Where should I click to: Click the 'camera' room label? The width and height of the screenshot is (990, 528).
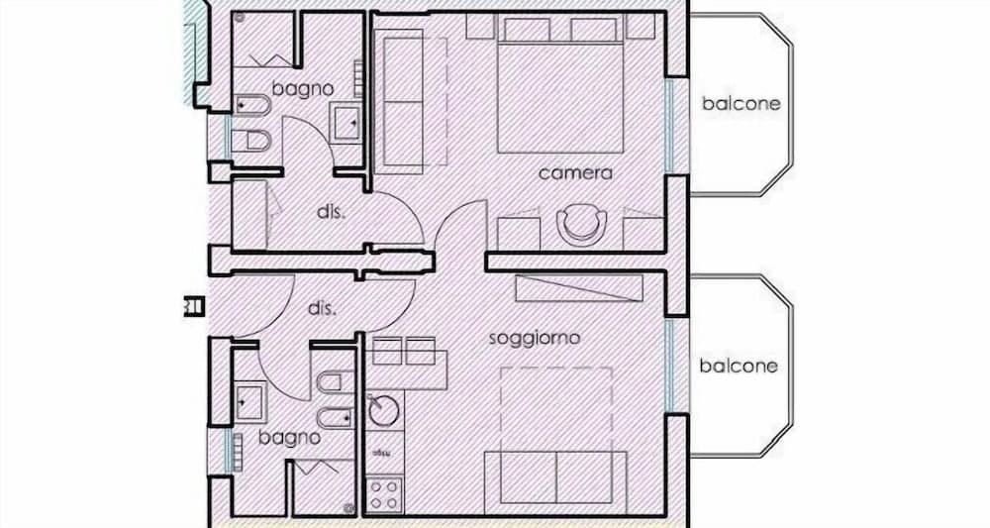(x=575, y=173)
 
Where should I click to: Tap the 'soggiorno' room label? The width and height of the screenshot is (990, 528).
(x=535, y=338)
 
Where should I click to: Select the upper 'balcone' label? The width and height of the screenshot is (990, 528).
(x=741, y=103)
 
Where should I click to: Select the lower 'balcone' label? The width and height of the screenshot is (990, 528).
(x=739, y=366)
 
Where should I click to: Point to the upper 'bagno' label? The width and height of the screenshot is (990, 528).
(x=303, y=88)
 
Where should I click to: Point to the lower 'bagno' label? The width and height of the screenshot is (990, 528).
(x=289, y=437)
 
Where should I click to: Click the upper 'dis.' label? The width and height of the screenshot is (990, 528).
(x=330, y=212)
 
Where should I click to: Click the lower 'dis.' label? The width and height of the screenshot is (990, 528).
(x=323, y=308)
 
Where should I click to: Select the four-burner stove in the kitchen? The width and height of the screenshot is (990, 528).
(x=383, y=492)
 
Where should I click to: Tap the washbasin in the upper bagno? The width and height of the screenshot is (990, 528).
(x=346, y=122)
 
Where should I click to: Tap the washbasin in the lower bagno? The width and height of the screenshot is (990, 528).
(x=247, y=401)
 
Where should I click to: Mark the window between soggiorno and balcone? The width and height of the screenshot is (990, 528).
(x=671, y=364)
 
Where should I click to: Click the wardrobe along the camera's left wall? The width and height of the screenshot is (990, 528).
(x=402, y=100)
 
